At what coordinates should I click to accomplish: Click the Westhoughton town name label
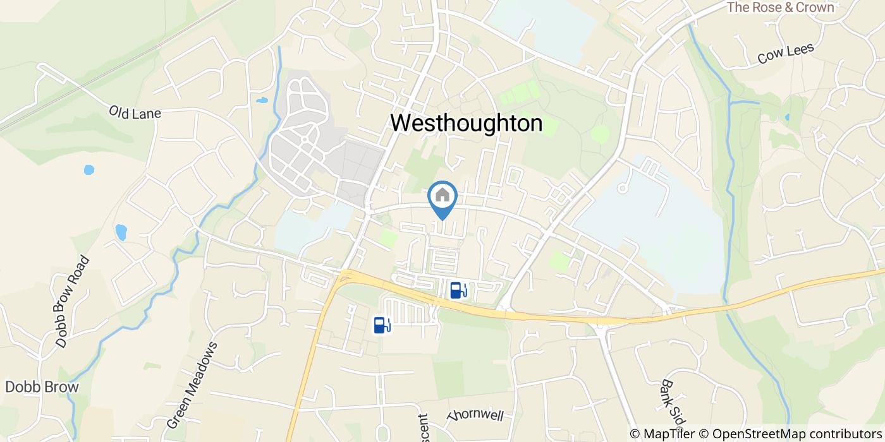coord(466,123)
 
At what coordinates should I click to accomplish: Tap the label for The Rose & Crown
coord(780,8)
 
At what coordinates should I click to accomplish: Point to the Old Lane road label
coord(135,113)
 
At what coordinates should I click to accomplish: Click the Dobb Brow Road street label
coord(73,302)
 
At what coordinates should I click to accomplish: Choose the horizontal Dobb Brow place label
coord(42,387)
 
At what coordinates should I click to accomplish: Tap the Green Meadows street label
coord(192,385)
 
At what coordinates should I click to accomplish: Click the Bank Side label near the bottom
coord(673,404)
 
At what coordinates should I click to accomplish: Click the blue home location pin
coord(442,197)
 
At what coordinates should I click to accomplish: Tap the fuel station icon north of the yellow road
coord(458,290)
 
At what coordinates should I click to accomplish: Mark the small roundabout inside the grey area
coord(304,139)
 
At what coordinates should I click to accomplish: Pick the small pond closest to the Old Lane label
coord(89,169)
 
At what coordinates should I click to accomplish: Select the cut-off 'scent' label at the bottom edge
coord(422,427)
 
